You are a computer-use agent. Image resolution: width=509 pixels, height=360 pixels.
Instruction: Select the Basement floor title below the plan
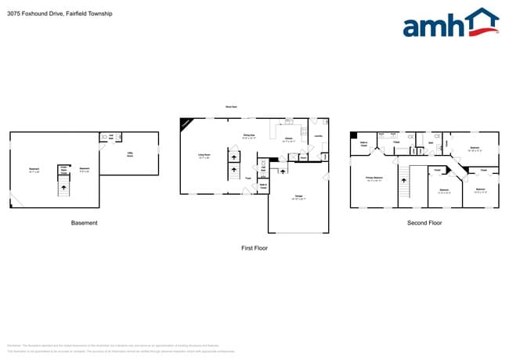click(x=85, y=223)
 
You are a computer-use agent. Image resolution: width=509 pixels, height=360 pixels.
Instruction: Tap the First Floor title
click(x=254, y=247)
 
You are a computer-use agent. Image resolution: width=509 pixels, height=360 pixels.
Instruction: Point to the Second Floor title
click(x=424, y=223)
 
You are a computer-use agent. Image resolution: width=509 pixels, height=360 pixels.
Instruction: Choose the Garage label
click(x=298, y=197)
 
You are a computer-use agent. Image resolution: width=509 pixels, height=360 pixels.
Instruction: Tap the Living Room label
click(x=204, y=156)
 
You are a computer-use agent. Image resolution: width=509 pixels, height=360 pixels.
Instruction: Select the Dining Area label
click(x=249, y=137)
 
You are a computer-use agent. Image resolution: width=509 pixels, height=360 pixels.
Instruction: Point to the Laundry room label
click(x=318, y=137)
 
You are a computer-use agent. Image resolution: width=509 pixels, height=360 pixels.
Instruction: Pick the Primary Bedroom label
click(x=374, y=178)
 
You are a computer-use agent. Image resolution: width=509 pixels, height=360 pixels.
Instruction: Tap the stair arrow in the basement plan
click(x=63, y=185)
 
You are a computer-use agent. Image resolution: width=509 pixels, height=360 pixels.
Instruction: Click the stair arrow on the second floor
click(x=404, y=186)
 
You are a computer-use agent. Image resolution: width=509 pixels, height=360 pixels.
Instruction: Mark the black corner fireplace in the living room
click(x=185, y=123)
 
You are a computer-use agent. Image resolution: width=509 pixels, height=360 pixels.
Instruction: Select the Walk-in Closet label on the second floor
click(x=363, y=143)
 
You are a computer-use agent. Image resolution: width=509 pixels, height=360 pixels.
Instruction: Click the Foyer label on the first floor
click(x=247, y=178)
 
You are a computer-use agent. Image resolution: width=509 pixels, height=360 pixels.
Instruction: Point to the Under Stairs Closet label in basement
click(x=63, y=169)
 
